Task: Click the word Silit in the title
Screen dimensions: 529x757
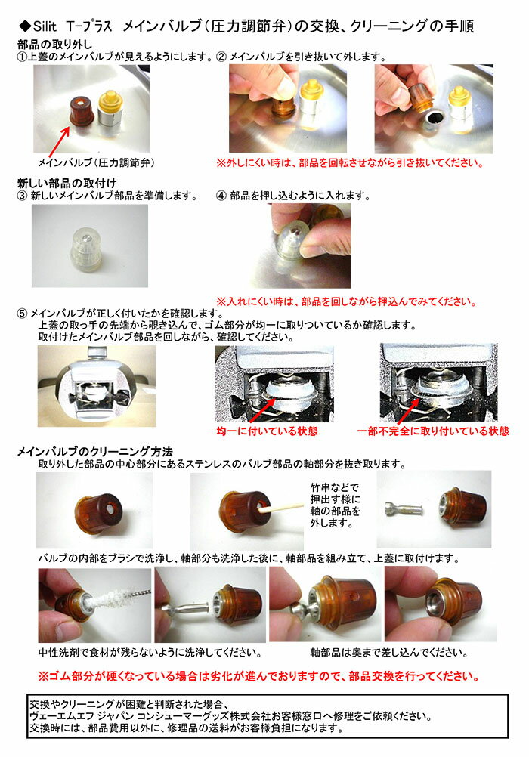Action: click(x=45, y=26)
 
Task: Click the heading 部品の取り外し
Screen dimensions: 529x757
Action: click(x=54, y=45)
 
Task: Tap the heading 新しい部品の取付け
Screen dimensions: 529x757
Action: click(x=67, y=183)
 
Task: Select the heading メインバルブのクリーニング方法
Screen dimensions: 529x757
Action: click(x=95, y=451)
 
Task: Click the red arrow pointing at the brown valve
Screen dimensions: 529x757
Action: click(x=58, y=143)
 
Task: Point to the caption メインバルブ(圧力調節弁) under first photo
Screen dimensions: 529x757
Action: click(x=96, y=162)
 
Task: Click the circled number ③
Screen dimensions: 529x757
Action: click(x=22, y=196)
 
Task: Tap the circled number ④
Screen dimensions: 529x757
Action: click(x=221, y=196)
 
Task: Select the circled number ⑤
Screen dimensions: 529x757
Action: click(x=22, y=314)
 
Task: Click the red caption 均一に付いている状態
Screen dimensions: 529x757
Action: click(x=268, y=431)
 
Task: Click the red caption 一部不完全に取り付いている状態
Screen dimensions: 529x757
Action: click(x=433, y=431)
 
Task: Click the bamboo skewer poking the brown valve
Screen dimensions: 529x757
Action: click(x=279, y=507)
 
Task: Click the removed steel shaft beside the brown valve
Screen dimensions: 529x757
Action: click(x=403, y=508)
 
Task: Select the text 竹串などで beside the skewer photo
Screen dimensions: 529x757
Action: click(x=335, y=487)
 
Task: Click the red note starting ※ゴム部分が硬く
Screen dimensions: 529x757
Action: click(x=259, y=676)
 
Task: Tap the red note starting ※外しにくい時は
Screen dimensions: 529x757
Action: click(x=350, y=162)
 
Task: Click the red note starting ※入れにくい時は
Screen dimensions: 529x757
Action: click(x=346, y=301)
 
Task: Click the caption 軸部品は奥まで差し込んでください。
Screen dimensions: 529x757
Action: click(x=389, y=653)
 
